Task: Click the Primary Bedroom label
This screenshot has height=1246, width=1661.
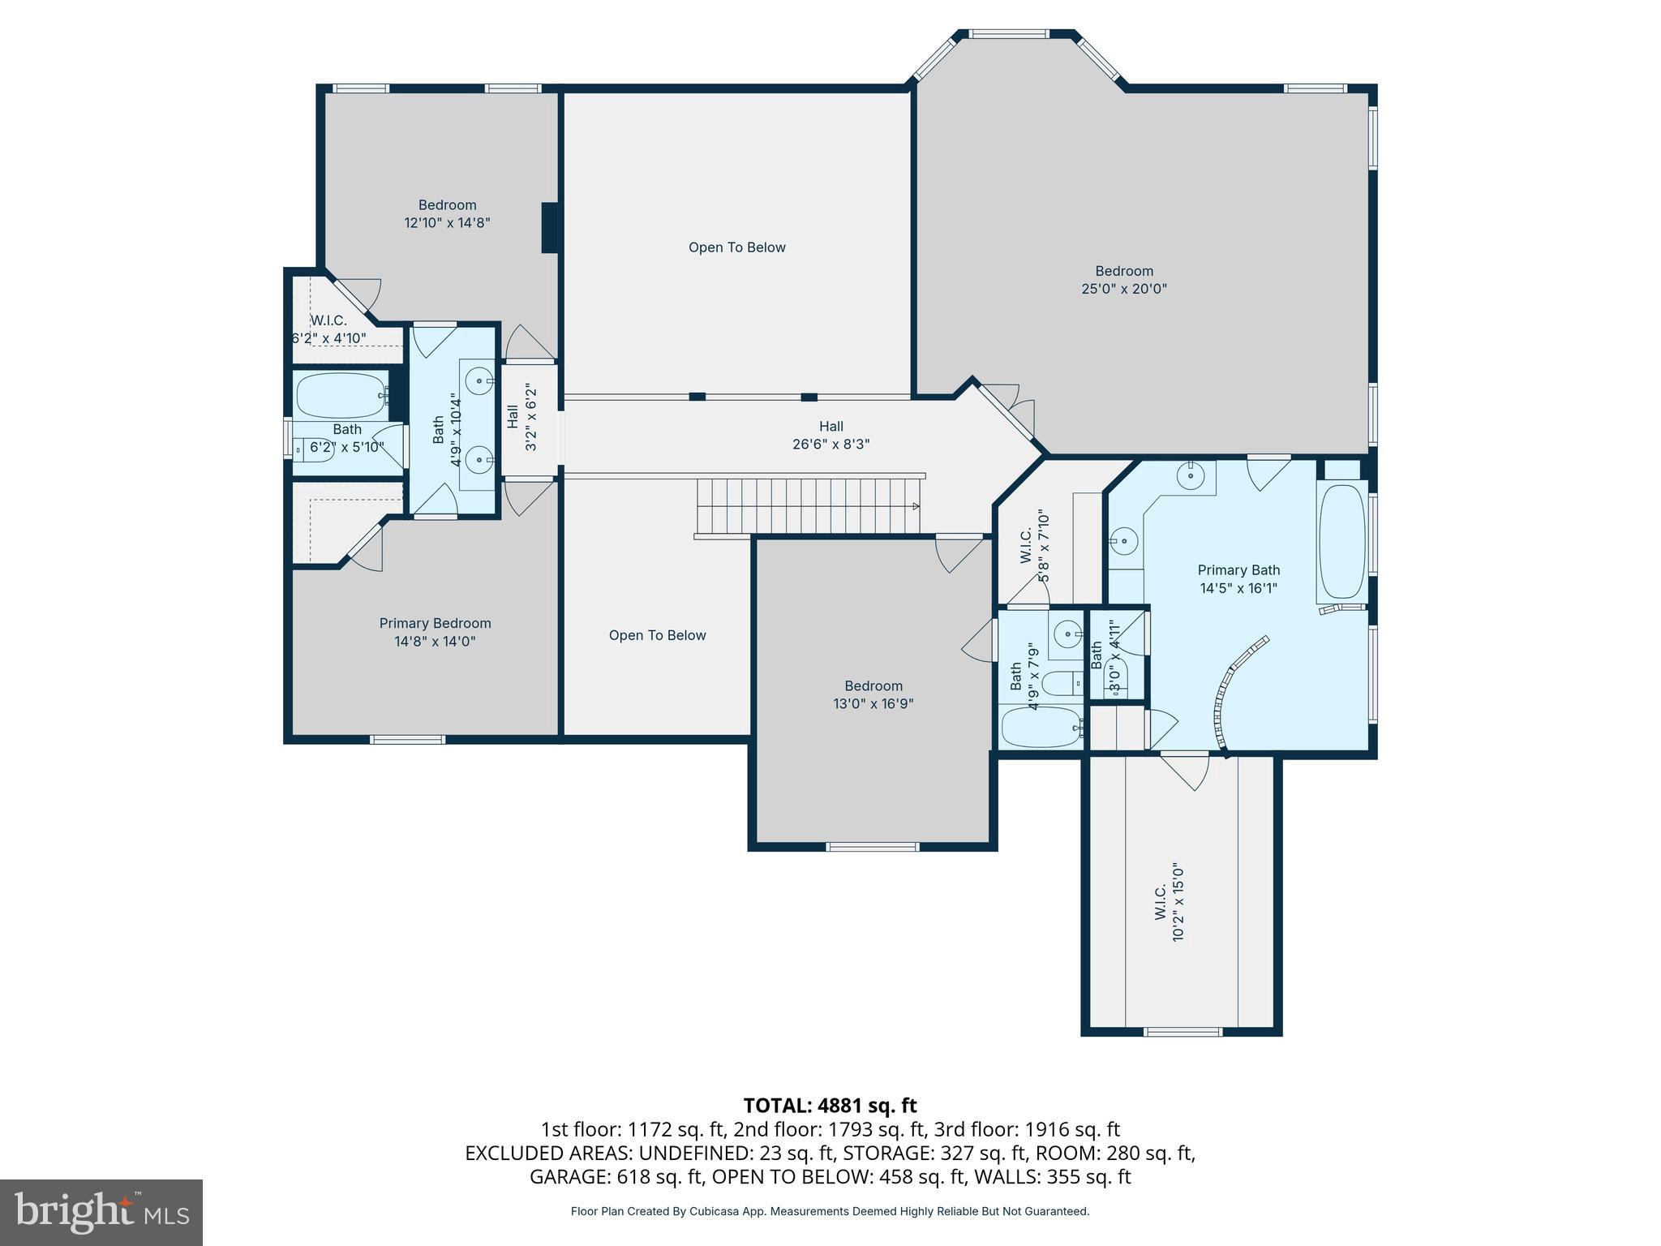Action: (435, 623)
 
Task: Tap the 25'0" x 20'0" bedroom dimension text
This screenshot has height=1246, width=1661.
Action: (1123, 289)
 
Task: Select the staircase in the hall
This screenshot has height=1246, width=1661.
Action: (809, 505)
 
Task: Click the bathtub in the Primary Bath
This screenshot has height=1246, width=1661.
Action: (1342, 542)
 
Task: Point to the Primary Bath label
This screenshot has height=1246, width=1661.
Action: (1238, 570)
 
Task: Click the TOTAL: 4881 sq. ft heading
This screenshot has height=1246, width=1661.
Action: (830, 1105)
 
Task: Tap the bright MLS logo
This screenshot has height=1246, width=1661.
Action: (101, 1212)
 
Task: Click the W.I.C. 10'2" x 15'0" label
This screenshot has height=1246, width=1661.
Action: (1168, 913)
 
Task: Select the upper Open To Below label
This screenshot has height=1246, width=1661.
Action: (736, 247)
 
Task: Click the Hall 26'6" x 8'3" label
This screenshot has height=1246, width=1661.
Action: (830, 435)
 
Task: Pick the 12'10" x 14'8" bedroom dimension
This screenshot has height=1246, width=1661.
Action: (447, 222)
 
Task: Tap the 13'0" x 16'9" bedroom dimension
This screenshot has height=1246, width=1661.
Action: (873, 704)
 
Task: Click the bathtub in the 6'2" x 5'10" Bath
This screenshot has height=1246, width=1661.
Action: (341, 396)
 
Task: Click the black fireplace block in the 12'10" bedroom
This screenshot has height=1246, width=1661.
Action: (550, 227)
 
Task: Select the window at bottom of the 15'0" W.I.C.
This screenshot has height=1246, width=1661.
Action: (1182, 1032)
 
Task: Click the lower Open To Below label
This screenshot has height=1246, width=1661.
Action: (657, 635)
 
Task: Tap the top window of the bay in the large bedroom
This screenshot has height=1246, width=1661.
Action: (1009, 34)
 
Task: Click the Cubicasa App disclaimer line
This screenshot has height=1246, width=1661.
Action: (830, 1211)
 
